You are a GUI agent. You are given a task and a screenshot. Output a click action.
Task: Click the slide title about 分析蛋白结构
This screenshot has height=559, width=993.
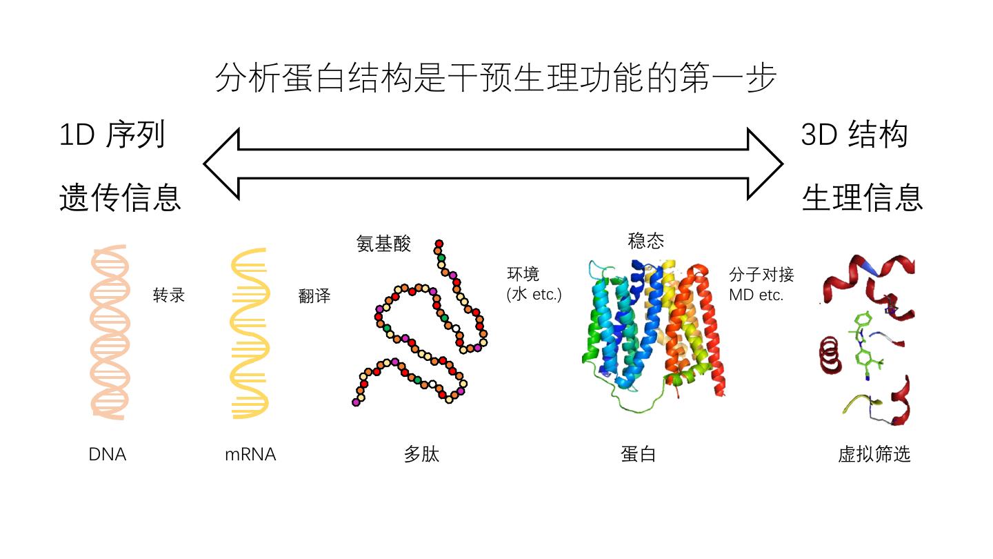(x=496, y=78)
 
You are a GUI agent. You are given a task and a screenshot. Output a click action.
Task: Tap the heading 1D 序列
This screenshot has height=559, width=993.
(x=112, y=134)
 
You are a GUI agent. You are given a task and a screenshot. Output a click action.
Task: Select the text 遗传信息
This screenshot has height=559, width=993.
(x=120, y=198)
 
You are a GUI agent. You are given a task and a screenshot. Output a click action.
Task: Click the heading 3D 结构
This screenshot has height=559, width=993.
(x=854, y=134)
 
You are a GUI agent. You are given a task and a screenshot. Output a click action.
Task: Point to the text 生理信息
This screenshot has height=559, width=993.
(x=862, y=198)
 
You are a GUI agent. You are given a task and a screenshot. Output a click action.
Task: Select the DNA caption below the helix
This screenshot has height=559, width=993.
(x=108, y=455)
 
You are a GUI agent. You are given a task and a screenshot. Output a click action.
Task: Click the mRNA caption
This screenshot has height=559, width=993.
(x=250, y=455)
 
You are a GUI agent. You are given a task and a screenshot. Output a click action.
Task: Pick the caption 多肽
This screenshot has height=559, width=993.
(x=421, y=455)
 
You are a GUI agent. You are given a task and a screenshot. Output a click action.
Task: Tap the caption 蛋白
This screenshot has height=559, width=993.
(x=638, y=455)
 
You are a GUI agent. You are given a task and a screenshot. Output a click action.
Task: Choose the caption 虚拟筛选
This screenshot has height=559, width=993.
(x=874, y=454)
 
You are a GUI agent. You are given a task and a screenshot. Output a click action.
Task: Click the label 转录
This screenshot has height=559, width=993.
(x=169, y=295)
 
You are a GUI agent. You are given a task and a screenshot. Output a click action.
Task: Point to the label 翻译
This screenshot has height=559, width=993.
(x=314, y=296)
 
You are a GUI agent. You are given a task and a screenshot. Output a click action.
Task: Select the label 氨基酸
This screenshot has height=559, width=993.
(x=383, y=244)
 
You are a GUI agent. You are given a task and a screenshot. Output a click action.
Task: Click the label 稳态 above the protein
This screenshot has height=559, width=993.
(x=646, y=241)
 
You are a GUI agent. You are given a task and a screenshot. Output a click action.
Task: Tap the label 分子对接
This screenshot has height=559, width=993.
(x=761, y=275)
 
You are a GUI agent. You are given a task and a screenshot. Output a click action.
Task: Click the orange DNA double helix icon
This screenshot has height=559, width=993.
(x=110, y=331)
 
